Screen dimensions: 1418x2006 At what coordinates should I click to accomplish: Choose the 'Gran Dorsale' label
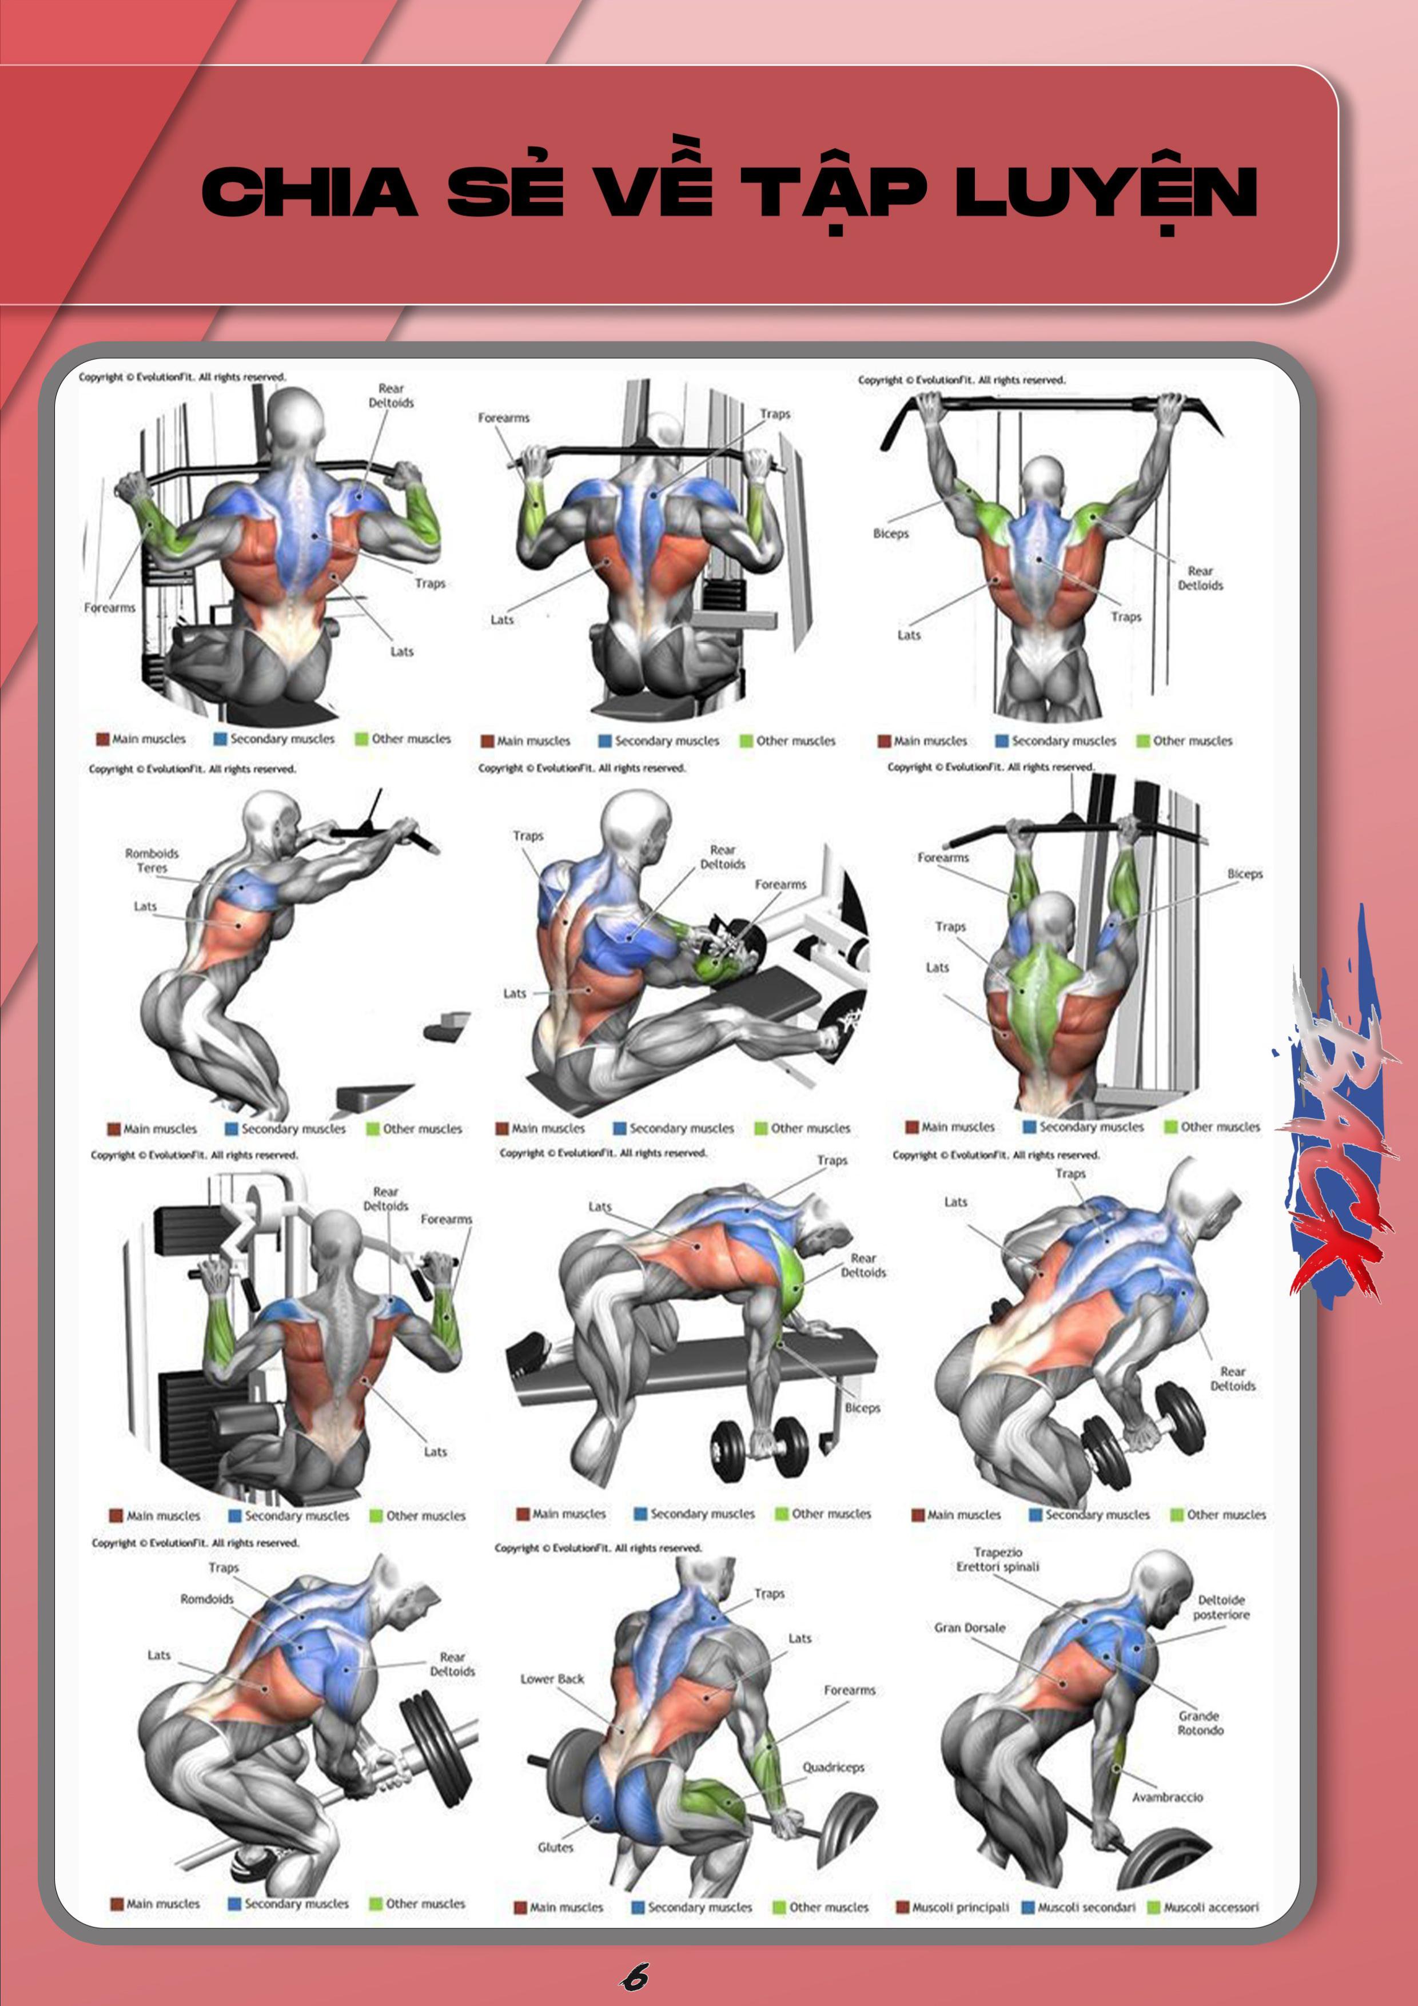click(x=970, y=1627)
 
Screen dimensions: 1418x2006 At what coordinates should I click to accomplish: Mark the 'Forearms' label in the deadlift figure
click(x=849, y=1690)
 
